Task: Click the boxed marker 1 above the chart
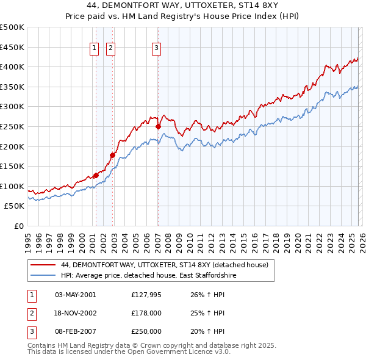click(95, 49)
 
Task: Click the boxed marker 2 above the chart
click(111, 49)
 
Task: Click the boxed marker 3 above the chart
click(157, 49)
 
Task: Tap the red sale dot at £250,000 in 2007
click(158, 126)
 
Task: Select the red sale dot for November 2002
click(112, 155)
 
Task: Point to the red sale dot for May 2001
click(96, 175)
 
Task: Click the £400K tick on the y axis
click(12, 67)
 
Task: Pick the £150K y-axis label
click(12, 166)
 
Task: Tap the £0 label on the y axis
click(18, 226)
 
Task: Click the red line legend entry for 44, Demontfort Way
click(165, 265)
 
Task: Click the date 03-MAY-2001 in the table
click(76, 295)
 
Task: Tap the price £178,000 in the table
click(146, 313)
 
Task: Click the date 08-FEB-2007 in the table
click(76, 331)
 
